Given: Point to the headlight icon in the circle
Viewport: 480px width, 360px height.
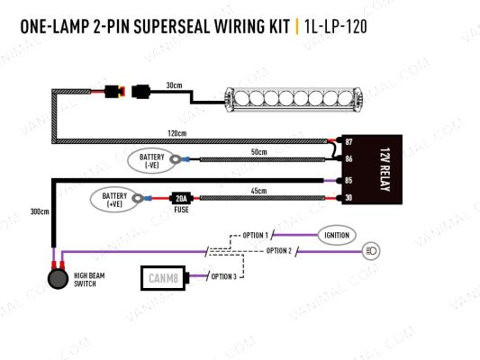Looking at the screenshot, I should (x=370, y=249).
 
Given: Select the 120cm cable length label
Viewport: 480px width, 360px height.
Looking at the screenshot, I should (x=177, y=133).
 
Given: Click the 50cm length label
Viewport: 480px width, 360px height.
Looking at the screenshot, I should (x=259, y=152).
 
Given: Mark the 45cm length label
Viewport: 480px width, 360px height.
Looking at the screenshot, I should (x=259, y=190).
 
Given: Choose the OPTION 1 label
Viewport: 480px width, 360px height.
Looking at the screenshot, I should (x=256, y=235).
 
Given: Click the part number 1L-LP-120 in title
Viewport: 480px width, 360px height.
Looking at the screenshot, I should (x=335, y=28).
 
